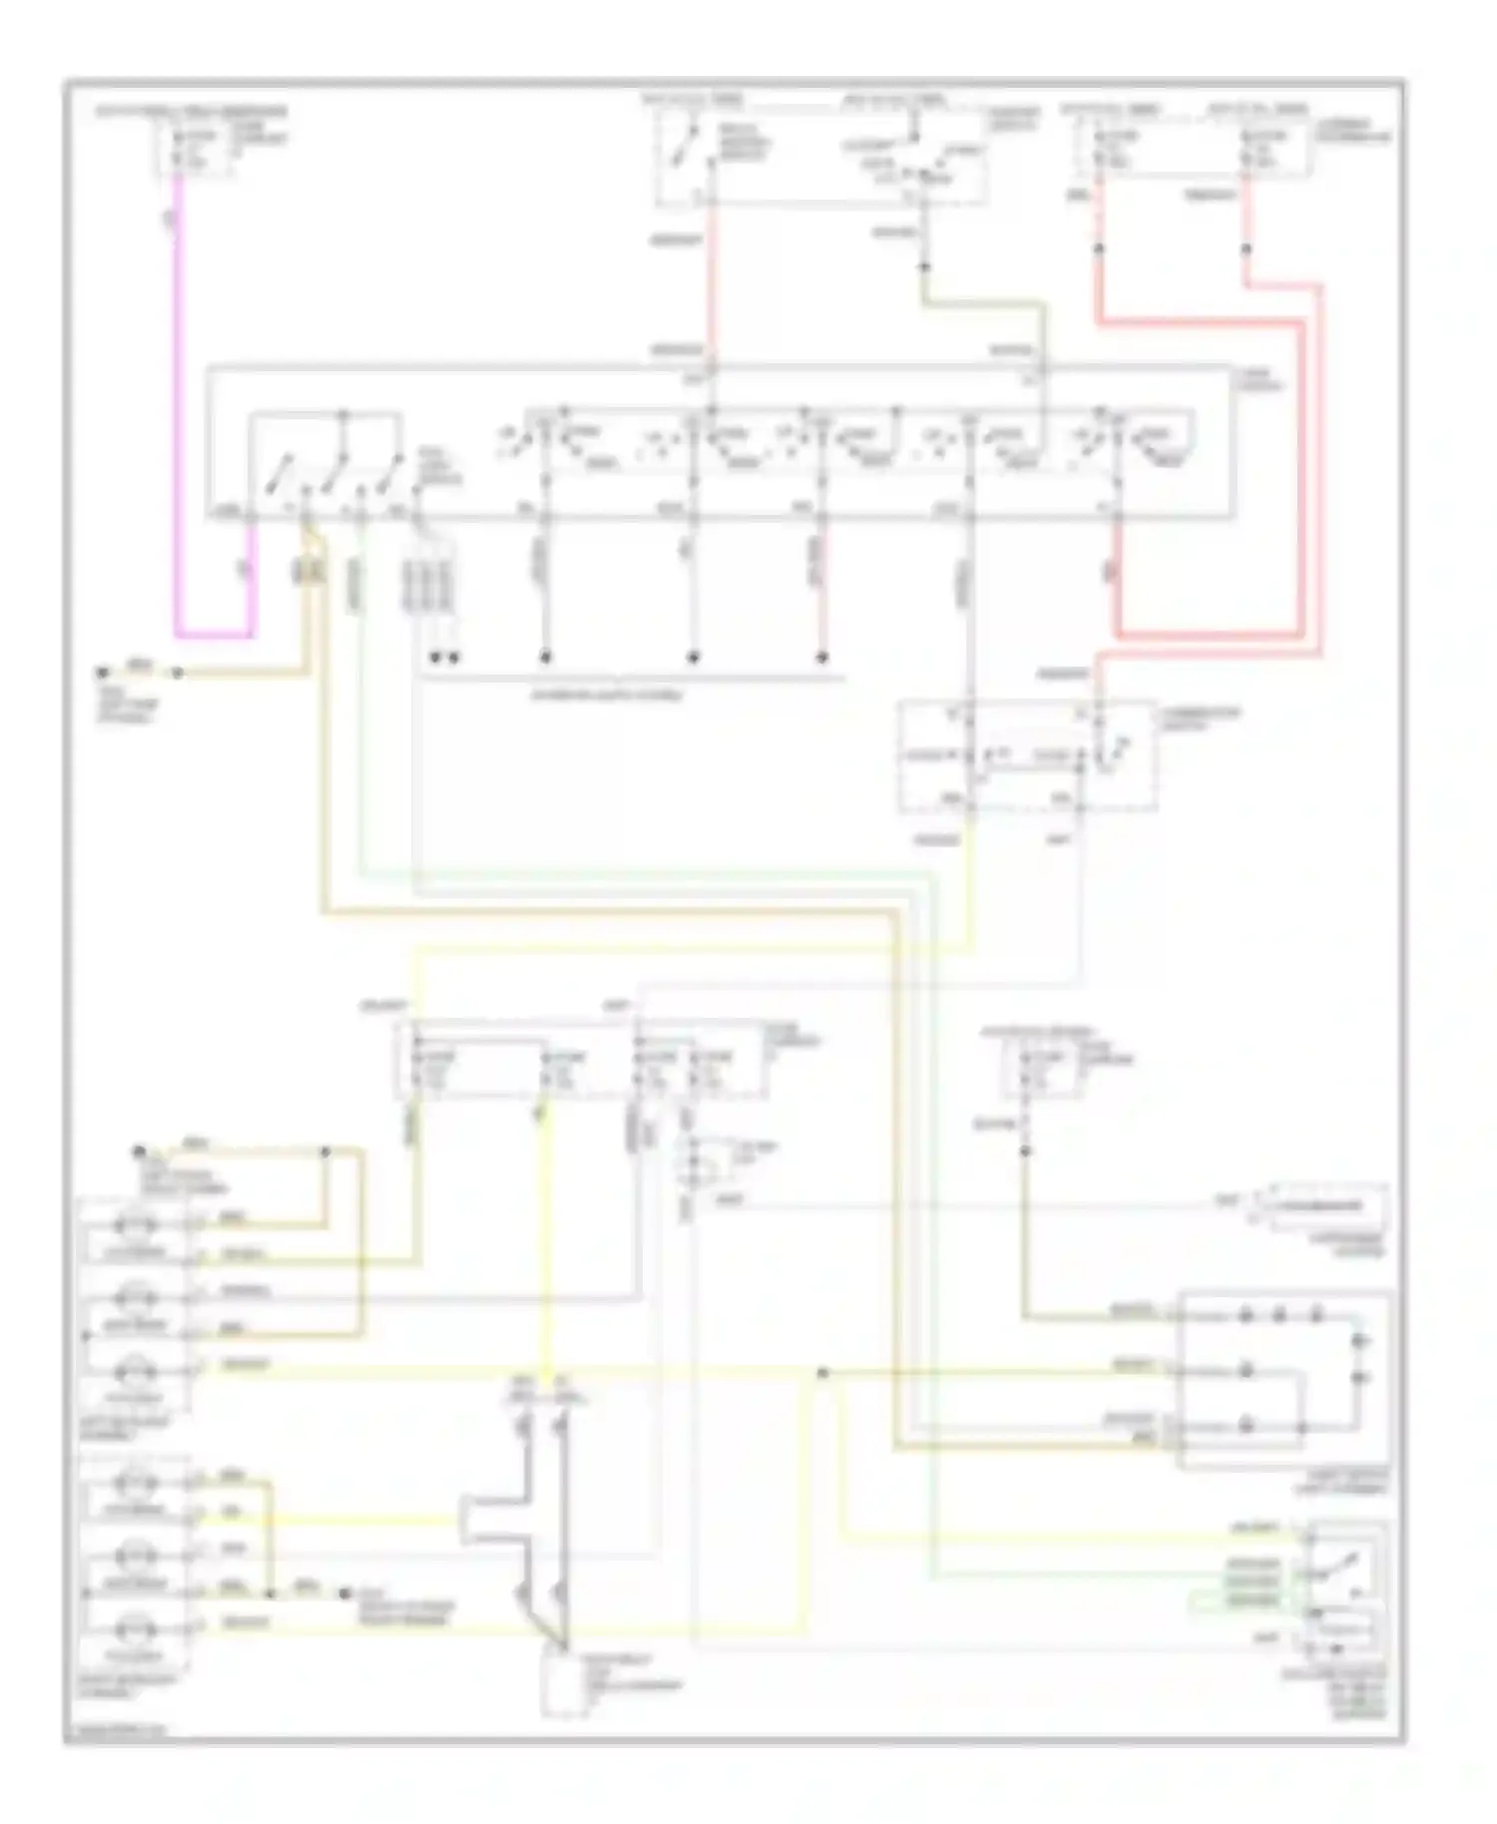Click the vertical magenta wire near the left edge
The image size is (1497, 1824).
pos(179,399)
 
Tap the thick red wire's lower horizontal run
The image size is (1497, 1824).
pos(1208,635)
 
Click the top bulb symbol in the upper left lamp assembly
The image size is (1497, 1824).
pos(135,1224)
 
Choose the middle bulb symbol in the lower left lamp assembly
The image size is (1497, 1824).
pos(135,1555)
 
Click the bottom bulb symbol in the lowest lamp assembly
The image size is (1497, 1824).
pos(135,1628)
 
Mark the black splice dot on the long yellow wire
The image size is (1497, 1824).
pos(822,1373)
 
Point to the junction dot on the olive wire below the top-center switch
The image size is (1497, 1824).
pos(924,266)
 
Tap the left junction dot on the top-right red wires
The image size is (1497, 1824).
pos(1099,248)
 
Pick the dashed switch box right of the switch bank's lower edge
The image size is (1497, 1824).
pos(1028,755)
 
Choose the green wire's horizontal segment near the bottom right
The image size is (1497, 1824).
pos(1098,1578)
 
